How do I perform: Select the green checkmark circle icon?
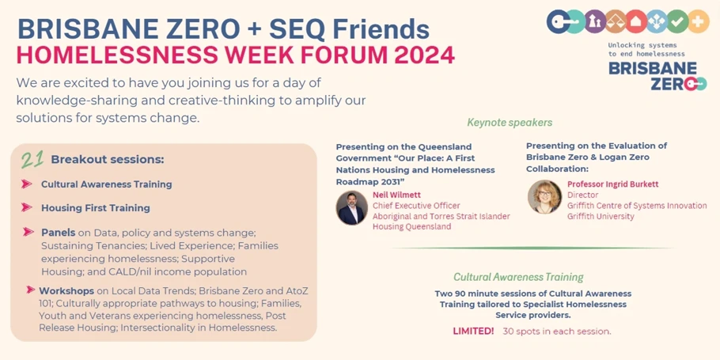point(677,21)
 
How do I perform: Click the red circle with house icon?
point(636,21)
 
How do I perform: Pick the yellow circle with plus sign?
point(699,21)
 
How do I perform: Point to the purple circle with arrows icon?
point(595,21)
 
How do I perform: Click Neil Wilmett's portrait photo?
point(352,208)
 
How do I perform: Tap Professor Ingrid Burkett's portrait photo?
point(544,196)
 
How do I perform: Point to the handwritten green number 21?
point(32,159)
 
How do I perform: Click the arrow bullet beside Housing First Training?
point(27,207)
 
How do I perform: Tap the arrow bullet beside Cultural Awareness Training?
point(27,184)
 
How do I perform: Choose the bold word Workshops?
point(66,290)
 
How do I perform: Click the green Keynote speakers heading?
point(510,123)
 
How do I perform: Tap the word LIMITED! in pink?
point(473,331)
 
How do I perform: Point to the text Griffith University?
point(601,216)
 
